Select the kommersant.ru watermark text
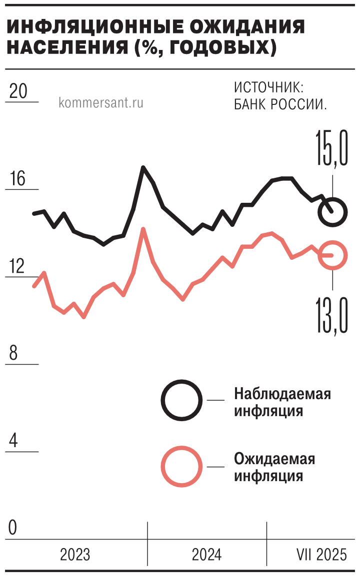(x=100, y=103)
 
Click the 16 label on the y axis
(x=18, y=179)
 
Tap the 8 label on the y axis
(x=13, y=354)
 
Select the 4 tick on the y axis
(x=13, y=441)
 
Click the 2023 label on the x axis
(x=75, y=555)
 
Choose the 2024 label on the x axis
(x=207, y=555)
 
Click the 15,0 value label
(x=331, y=147)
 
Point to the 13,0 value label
(x=331, y=314)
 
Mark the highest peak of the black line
(x=143, y=168)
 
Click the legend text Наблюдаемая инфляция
(x=282, y=403)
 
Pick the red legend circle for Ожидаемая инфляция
(x=181, y=467)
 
